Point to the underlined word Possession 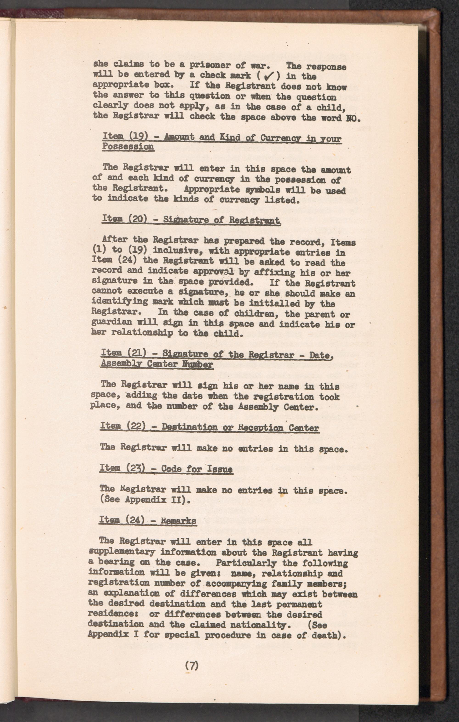[x=128, y=147]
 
